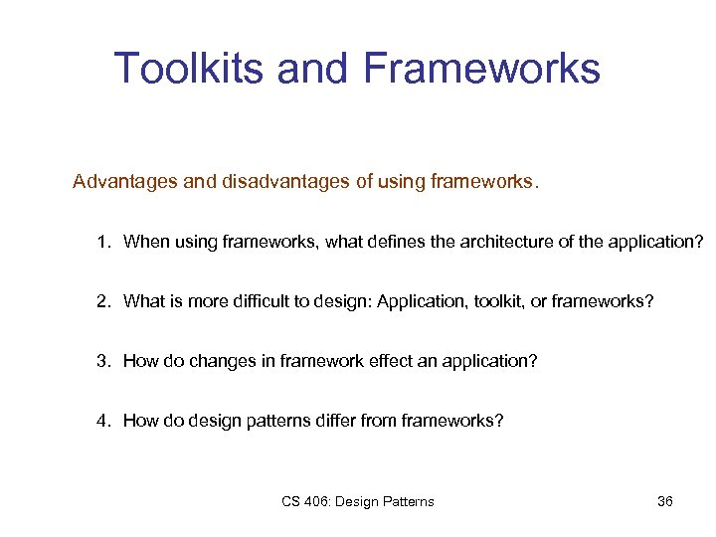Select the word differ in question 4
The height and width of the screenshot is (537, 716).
coord(337,421)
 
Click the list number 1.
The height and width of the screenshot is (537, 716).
coord(102,242)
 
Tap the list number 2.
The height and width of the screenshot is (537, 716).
coord(102,301)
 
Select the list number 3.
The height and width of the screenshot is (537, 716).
coord(102,361)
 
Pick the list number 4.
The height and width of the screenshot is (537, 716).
coord(102,421)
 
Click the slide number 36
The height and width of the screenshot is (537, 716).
coord(665,501)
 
